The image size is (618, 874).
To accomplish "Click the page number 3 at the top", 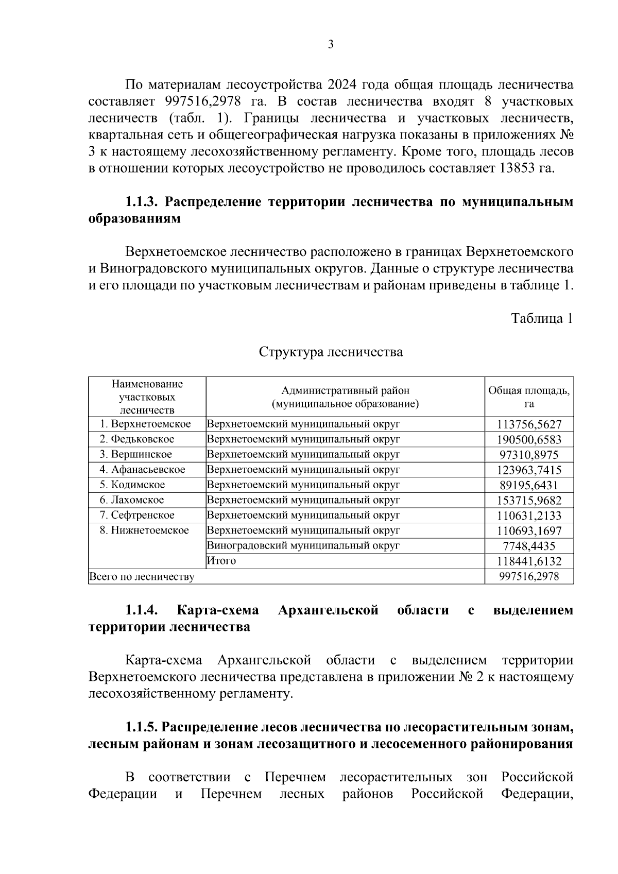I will tap(331, 45).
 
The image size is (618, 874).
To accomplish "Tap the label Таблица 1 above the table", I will tap(542, 318).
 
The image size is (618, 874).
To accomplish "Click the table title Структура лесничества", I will tap(331, 352).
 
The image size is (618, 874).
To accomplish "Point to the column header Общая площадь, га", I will tap(529, 397).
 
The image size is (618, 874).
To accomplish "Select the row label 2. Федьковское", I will tap(137, 439).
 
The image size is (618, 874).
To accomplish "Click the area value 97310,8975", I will tap(529, 455).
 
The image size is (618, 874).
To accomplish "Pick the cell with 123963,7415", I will tap(529, 470).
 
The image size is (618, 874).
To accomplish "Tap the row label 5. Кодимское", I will tap(132, 485).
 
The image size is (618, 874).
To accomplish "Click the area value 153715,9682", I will tap(529, 501).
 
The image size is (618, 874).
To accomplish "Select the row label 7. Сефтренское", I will tap(137, 516).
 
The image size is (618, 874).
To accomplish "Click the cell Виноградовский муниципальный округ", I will tap(303, 546).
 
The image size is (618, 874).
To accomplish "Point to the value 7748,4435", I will tap(529, 546).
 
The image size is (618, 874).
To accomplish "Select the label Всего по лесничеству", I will tap(142, 577).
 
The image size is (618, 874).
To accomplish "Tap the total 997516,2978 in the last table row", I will tap(529, 577).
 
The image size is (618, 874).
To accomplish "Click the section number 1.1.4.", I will tap(141, 611).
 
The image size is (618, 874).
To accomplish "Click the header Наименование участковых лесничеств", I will tap(147, 397).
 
